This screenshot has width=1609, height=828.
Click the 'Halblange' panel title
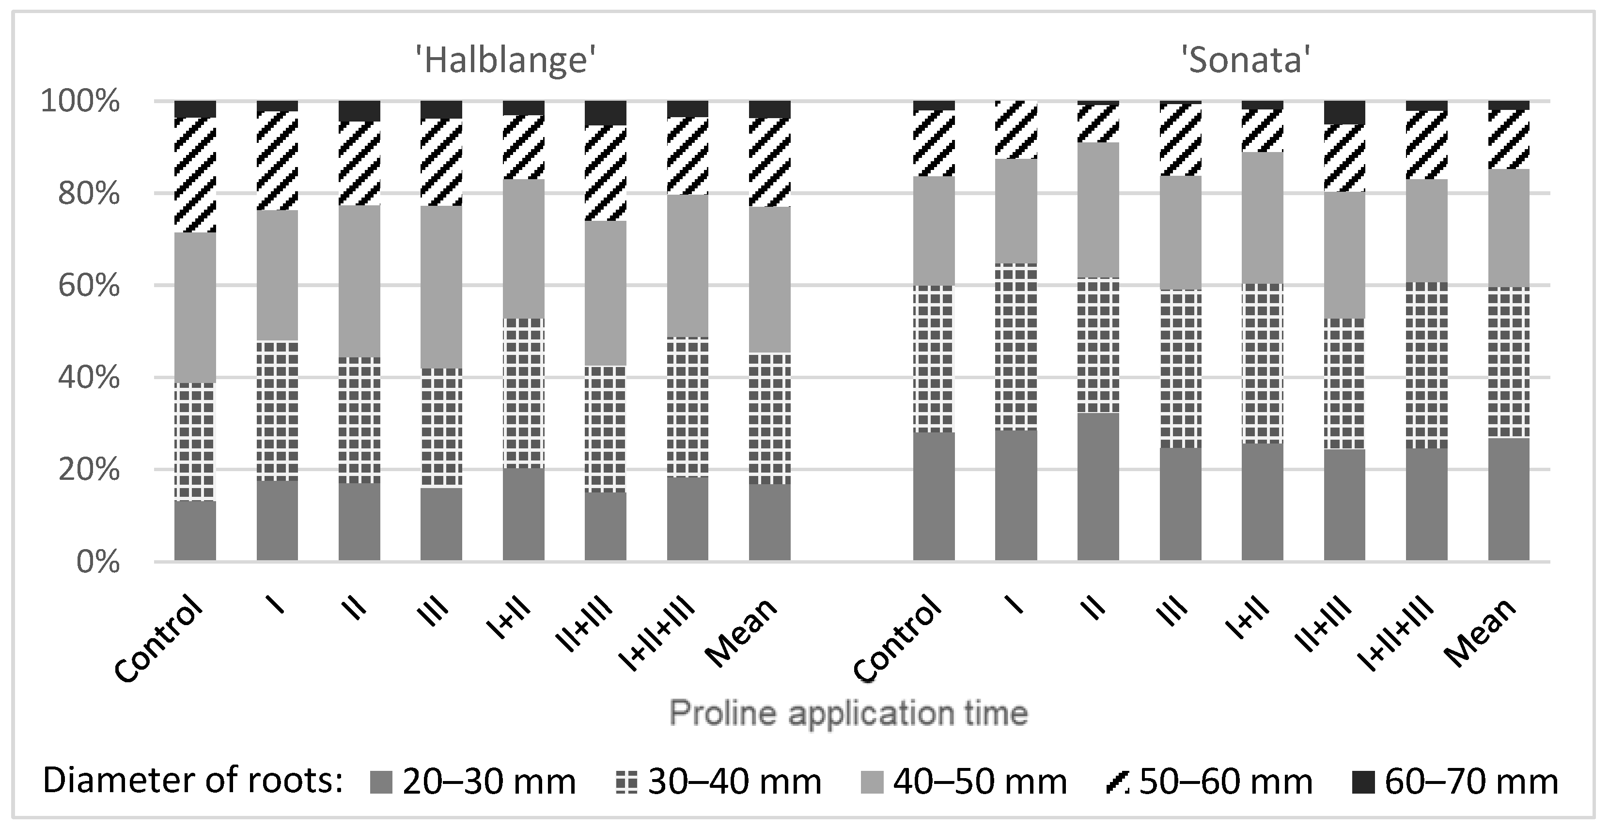[x=506, y=61]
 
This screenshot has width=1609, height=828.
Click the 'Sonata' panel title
[x=1246, y=61]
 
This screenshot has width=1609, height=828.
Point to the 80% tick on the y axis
[x=88, y=194]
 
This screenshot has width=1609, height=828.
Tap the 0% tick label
[x=97, y=562]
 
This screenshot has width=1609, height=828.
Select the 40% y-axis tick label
[x=88, y=378]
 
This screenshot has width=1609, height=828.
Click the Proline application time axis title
[x=849, y=713]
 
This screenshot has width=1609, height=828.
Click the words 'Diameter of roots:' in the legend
[x=194, y=781]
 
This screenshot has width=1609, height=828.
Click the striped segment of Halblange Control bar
[x=195, y=175]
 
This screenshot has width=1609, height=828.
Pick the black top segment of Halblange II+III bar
[x=605, y=112]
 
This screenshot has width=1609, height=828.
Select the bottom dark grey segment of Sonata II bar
[x=1098, y=487]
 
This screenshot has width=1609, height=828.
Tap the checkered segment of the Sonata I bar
[x=1015, y=347]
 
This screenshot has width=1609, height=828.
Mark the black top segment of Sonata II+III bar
[x=1344, y=112]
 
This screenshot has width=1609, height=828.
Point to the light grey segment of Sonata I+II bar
[x=1262, y=217]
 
